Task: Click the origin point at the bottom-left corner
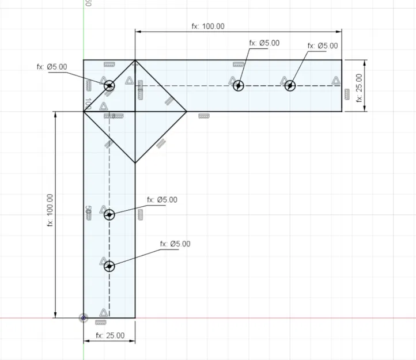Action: pos(84,317)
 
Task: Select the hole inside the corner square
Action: pos(109,86)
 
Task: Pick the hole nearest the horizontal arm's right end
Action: pos(291,86)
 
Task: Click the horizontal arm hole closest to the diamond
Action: pos(239,86)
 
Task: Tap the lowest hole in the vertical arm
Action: pos(109,266)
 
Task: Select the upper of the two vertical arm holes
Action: pos(109,214)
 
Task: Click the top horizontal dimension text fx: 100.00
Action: pos(208,26)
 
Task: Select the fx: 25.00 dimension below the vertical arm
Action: pos(110,335)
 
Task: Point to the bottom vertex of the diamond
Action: pos(135,163)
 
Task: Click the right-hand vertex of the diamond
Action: pos(186,112)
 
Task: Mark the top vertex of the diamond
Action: pos(135,60)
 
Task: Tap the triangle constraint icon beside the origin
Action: pos(103,312)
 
